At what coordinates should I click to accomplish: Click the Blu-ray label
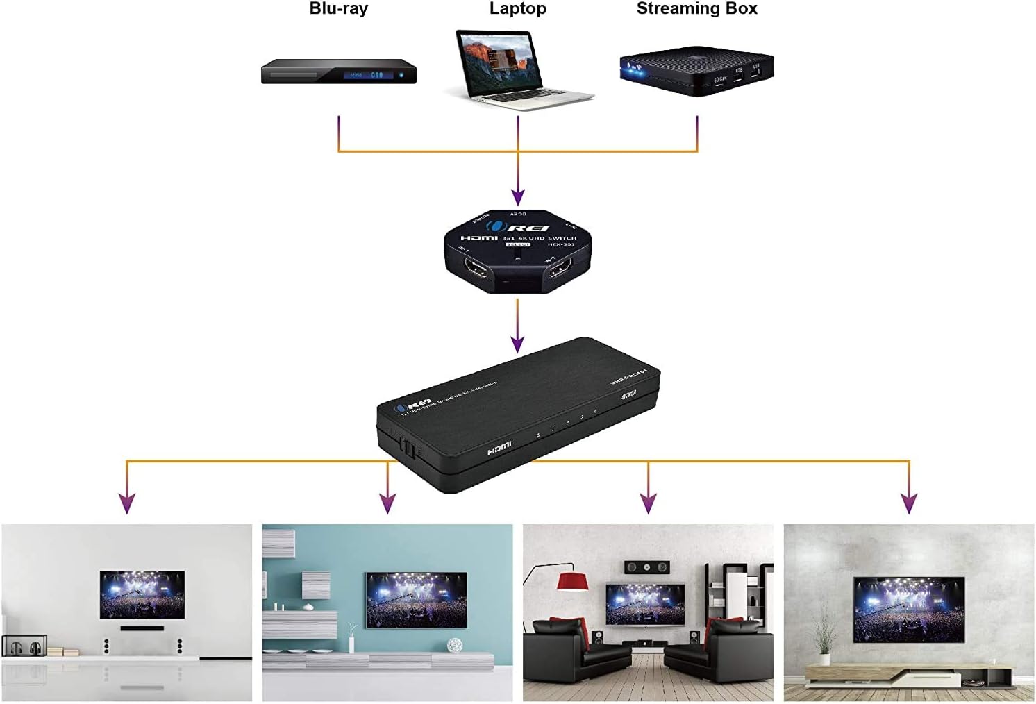(x=338, y=9)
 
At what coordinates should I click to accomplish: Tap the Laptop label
(x=517, y=9)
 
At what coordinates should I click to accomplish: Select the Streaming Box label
(x=696, y=9)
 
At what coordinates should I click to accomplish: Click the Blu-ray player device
(x=338, y=72)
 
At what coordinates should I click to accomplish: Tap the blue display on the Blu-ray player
(x=368, y=74)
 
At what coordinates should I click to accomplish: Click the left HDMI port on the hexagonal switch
(x=477, y=271)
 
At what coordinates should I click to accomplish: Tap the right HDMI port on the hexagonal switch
(x=559, y=271)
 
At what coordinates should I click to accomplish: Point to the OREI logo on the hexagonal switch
(x=518, y=227)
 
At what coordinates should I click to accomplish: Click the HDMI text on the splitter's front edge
(x=499, y=449)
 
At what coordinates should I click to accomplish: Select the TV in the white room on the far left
(x=142, y=594)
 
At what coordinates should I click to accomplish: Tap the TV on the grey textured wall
(x=908, y=609)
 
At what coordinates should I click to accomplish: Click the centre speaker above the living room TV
(x=646, y=567)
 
